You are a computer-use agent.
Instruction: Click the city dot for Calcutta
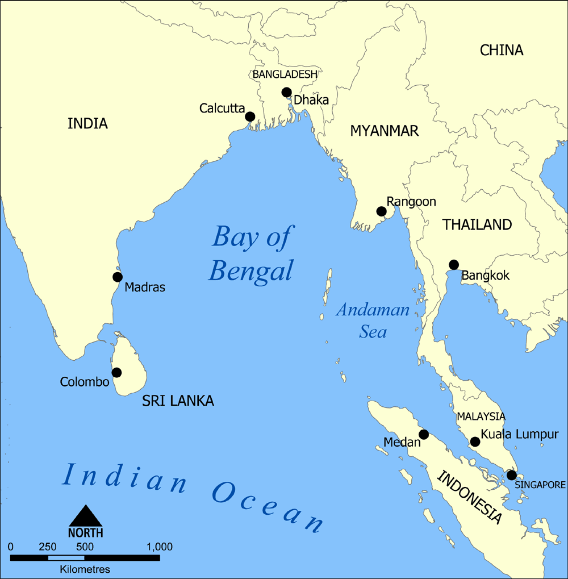pos(250,117)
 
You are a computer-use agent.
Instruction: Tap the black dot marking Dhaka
pos(286,93)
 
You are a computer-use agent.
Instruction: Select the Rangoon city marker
pos(382,212)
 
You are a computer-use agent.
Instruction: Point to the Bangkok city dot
pos(454,265)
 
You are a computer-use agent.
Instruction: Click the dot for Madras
pos(118,277)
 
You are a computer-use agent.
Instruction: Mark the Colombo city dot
pos(116,373)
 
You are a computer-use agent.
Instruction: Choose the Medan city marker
pos(423,435)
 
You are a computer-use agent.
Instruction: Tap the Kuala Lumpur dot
pos(475,442)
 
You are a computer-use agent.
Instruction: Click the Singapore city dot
pos(511,475)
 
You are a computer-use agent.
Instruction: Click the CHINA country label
pos(502,50)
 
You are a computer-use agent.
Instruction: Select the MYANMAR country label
pos(384,131)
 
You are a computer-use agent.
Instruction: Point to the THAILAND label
pos(477,224)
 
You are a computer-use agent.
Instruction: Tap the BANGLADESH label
pos(285,74)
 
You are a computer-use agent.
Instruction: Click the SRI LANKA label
pos(178,401)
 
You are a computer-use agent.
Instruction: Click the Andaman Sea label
pos(373,321)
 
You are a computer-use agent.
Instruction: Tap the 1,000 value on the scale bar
pos(160,547)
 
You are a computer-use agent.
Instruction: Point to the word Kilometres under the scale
pos(85,569)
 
